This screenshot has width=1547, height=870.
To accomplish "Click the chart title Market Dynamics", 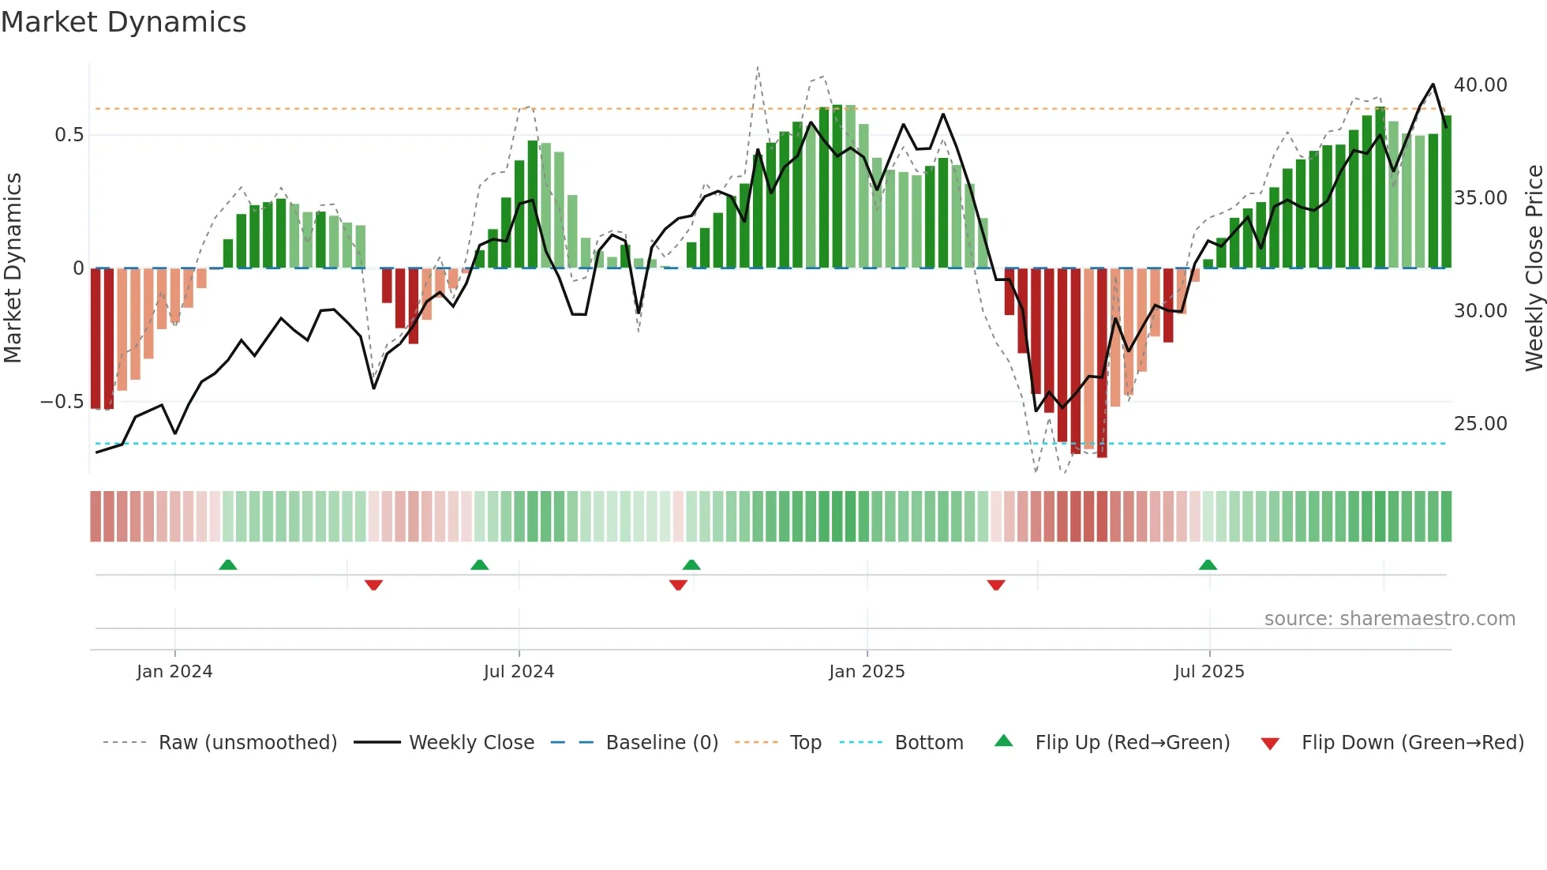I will [123, 22].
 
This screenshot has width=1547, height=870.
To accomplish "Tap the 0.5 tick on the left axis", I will [69, 135].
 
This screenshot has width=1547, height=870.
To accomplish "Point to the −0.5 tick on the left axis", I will [62, 402].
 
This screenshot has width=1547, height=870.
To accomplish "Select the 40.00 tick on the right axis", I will [1480, 85].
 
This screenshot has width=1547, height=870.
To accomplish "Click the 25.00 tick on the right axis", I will [1480, 424].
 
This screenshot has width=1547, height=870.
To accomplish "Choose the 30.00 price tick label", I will [1480, 311].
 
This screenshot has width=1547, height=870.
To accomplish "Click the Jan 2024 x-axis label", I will [174, 672].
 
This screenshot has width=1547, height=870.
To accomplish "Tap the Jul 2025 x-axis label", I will [1208, 672].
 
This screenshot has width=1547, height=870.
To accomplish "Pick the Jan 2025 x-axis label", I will [867, 672].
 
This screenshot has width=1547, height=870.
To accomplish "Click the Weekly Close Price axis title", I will [1534, 268].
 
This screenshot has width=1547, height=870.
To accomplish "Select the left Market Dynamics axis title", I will [13, 268].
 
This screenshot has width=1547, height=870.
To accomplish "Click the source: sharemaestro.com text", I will [1389, 619].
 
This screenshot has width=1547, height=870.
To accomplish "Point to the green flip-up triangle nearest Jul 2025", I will [1208, 564].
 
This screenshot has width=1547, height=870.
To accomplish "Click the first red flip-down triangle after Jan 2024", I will [373, 585].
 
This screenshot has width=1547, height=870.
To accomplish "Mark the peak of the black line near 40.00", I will [1433, 84].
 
